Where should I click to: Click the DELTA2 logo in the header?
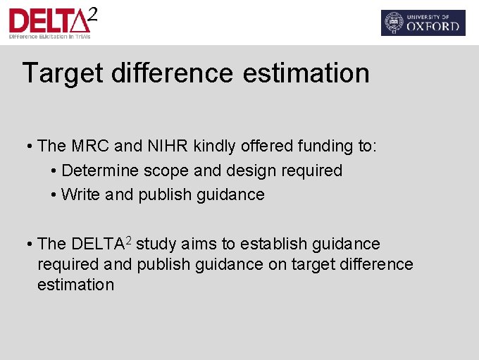[52, 22]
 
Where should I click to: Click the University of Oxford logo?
[423, 23]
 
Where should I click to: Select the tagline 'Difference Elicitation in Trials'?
[48, 36]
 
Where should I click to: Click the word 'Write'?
[81, 194]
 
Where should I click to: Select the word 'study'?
[156, 244]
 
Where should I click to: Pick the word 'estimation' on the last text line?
[75, 285]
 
